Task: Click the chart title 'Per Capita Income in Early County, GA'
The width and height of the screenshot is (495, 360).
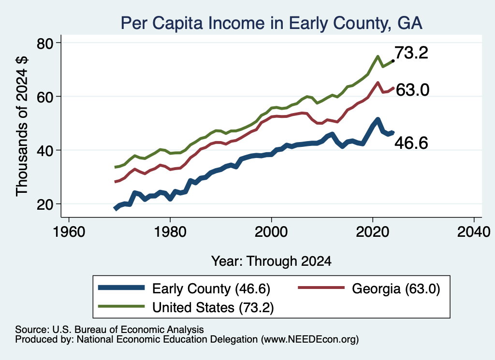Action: coord(272,23)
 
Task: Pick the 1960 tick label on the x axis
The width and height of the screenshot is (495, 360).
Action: coord(69,232)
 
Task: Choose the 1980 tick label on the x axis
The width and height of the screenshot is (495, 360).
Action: coord(170,232)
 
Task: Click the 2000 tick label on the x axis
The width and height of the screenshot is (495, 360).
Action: coord(271,232)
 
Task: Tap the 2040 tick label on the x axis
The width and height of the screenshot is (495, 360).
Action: coord(474,232)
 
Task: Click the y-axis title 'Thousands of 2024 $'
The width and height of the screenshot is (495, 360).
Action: coord(22,126)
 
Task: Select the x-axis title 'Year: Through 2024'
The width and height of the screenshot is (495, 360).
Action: coord(271,261)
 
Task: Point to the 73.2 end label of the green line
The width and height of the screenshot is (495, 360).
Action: coord(411,52)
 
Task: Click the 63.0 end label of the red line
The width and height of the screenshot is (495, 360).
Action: coord(412,89)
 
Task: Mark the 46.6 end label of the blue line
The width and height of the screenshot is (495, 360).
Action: coord(411,143)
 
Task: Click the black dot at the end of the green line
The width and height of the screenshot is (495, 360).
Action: coord(393,60)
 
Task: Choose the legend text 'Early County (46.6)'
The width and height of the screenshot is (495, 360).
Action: coord(211,288)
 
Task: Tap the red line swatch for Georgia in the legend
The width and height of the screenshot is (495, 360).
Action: coord(321,288)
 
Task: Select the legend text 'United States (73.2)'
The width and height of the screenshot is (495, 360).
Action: coord(213,307)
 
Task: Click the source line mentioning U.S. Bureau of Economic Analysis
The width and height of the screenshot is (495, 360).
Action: coord(109,330)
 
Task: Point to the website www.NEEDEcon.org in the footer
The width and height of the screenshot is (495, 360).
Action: coord(310,340)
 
